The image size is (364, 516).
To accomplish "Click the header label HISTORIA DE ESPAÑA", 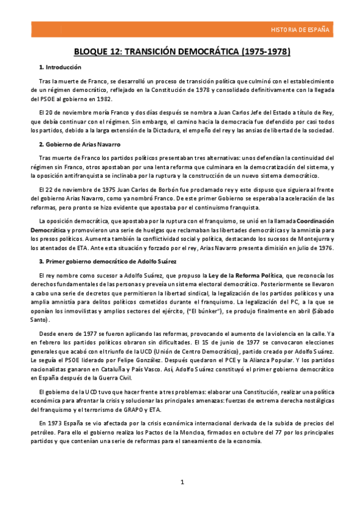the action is tap(300, 29).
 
